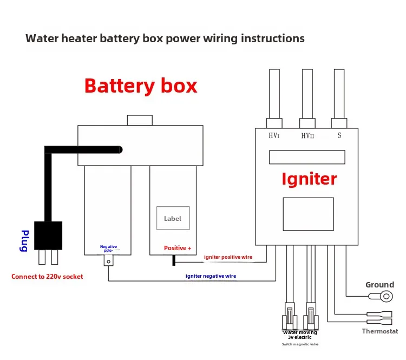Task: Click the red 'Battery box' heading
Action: (x=141, y=86)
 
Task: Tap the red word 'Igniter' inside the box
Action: (x=309, y=179)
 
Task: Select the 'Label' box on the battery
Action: (x=173, y=219)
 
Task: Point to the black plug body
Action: (x=48, y=235)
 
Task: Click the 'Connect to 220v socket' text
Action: (x=47, y=277)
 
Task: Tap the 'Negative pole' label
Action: (x=108, y=248)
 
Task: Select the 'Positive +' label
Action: (x=178, y=248)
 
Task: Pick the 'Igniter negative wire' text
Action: (x=211, y=276)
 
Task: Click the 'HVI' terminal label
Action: (x=274, y=135)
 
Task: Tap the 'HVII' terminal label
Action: (x=307, y=135)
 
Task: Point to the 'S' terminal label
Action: (x=339, y=135)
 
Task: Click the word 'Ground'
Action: (x=379, y=285)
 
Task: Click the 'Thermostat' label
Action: (x=379, y=331)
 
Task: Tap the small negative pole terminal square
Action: (x=108, y=261)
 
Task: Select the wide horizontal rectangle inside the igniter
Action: (x=307, y=157)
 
